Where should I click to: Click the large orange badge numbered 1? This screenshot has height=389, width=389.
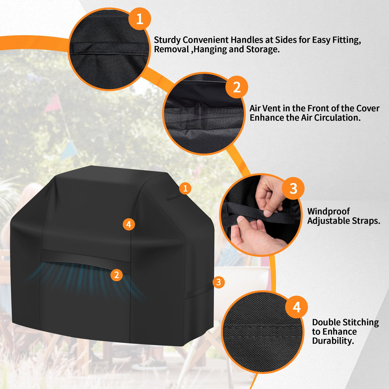pyautogui.click(x=139, y=19)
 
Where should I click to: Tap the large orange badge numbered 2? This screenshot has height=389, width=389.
pyautogui.click(x=236, y=87)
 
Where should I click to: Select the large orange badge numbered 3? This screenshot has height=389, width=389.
pyautogui.click(x=293, y=188)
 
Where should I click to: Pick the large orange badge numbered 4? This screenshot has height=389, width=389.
pyautogui.click(x=296, y=307)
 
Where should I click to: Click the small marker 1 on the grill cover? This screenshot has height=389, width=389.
pyautogui.click(x=185, y=188)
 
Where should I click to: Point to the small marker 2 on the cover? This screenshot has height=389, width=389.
pyautogui.click(x=116, y=275)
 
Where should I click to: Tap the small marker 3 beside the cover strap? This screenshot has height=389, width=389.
pyautogui.click(x=218, y=282)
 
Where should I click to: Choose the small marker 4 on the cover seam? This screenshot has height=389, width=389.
pyautogui.click(x=128, y=224)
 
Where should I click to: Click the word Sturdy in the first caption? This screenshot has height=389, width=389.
pyautogui.click(x=167, y=40)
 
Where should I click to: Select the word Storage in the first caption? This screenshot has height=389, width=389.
pyautogui.click(x=263, y=49)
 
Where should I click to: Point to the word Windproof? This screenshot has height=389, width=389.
pyautogui.click(x=328, y=211)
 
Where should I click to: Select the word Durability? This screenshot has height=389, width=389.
pyautogui.click(x=333, y=341)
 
